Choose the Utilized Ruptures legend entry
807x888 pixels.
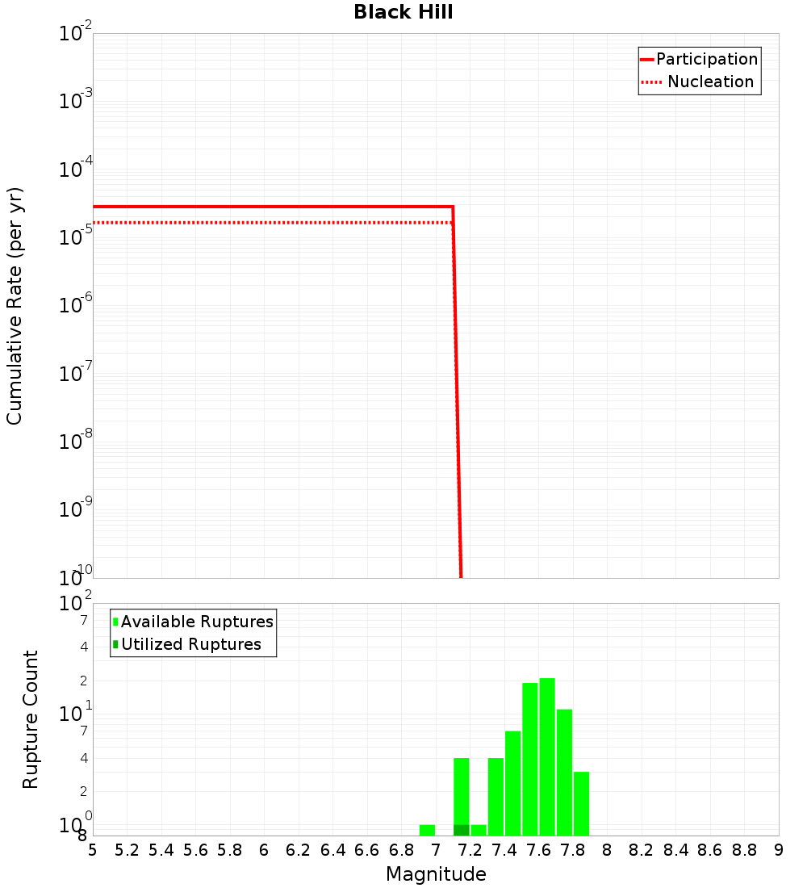[x=190, y=644]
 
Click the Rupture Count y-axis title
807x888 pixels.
[x=31, y=718]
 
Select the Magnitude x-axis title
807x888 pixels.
[x=436, y=874]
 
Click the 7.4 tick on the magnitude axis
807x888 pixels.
[x=504, y=850]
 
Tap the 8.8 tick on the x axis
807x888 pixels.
[x=744, y=850]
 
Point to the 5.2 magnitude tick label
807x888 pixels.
[x=128, y=850]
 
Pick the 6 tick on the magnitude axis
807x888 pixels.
[x=264, y=850]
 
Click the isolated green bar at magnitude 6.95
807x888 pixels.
[x=427, y=830]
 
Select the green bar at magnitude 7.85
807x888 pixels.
[x=581, y=803]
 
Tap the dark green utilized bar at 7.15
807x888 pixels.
[x=462, y=830]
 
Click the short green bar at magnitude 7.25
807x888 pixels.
[x=479, y=830]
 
